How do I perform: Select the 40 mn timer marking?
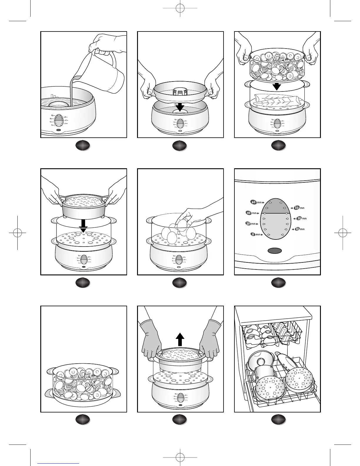point(251,213)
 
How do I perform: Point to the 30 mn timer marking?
point(301,219)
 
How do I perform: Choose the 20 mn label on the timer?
point(251,224)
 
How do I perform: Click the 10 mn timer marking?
point(299,229)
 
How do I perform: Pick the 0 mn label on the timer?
point(255,234)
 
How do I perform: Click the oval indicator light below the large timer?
point(275,251)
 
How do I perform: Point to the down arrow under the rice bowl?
point(84,226)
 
